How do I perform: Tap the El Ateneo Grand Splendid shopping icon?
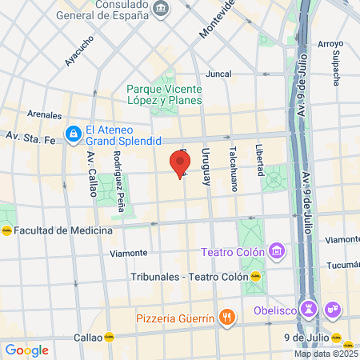(x=73, y=132)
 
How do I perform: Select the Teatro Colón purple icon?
(x=277, y=252)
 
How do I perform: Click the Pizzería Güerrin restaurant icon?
(x=227, y=318)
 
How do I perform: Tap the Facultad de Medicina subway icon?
(x=6, y=229)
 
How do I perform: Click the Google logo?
(x=26, y=350)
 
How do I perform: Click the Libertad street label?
(x=258, y=161)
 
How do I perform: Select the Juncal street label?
(x=218, y=73)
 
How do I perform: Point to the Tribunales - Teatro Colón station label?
(x=189, y=277)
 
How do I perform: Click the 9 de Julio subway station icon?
(x=337, y=337)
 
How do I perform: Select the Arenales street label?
(x=44, y=114)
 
